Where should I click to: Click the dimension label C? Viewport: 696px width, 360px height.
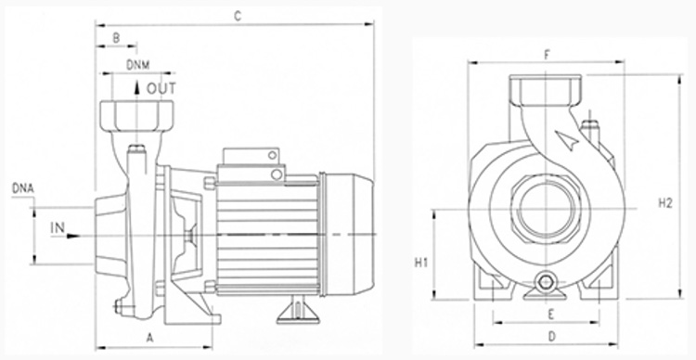click(238, 17)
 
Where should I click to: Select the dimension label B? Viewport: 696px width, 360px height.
click(116, 38)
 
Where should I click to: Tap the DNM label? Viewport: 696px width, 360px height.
click(138, 65)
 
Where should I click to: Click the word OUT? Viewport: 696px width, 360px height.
click(161, 89)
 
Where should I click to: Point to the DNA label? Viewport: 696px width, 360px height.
click(22, 188)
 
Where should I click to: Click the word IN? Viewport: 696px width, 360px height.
click(58, 228)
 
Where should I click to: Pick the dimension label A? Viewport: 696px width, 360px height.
click(150, 339)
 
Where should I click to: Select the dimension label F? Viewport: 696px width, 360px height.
click(547, 55)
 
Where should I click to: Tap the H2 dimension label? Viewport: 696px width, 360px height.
click(665, 203)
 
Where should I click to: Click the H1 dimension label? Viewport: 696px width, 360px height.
click(421, 263)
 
